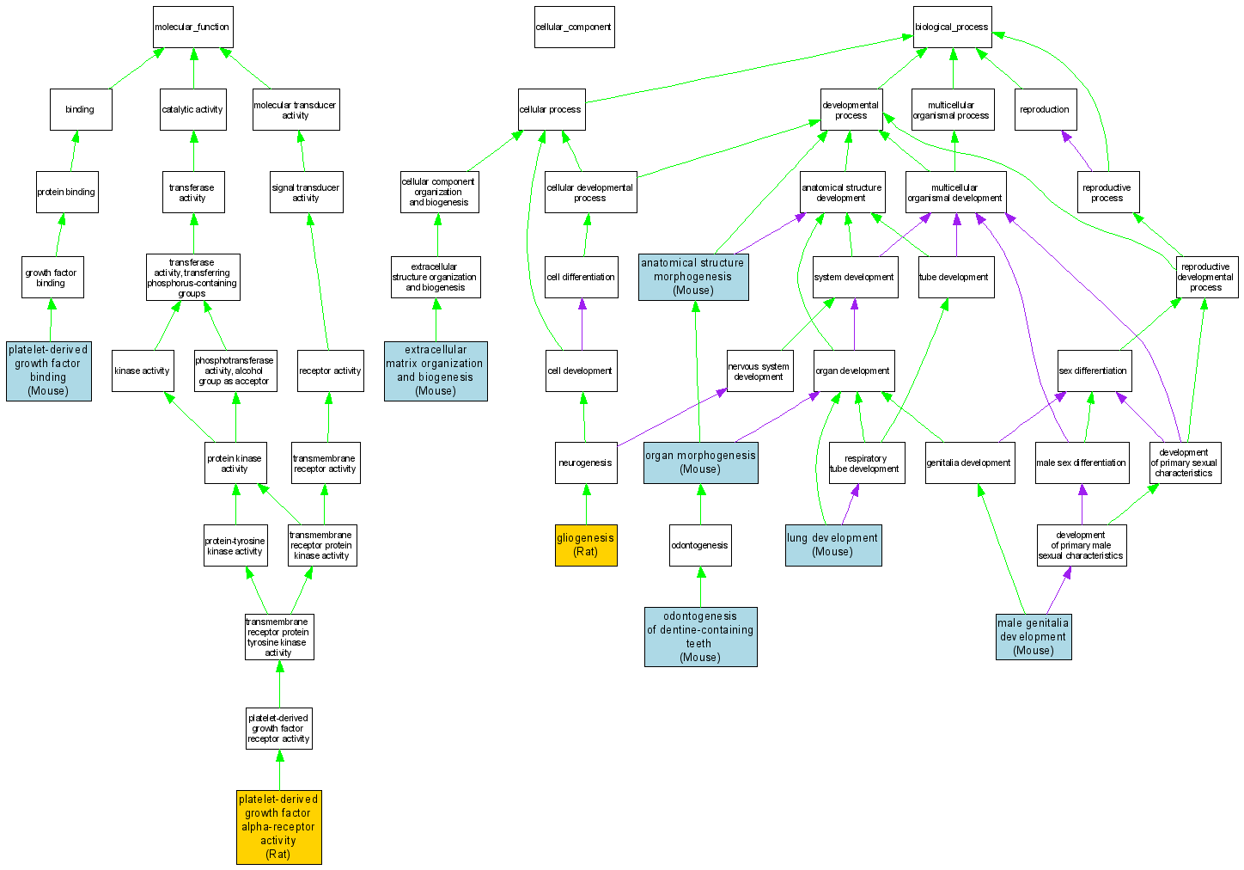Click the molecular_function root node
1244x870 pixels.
pos(192,27)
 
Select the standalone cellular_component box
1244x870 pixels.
pos(574,27)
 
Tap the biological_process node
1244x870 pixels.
pos(952,27)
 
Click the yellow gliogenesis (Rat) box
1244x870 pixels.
pos(586,545)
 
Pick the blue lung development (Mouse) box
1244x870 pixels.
pos(832,545)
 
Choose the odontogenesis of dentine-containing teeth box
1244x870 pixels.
pos(700,637)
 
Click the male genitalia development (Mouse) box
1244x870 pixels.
pos(1034,637)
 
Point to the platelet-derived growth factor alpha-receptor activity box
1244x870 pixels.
pos(278,827)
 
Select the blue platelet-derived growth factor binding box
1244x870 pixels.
pos(48,371)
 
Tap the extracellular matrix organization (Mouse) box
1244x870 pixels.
pos(436,371)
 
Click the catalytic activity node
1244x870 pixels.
pos(192,109)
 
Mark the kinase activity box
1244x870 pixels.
pos(143,371)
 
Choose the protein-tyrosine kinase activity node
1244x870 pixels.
pos(235,546)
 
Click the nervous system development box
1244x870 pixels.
pos(759,371)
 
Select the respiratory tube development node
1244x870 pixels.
pos(866,463)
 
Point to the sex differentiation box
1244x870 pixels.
pos(1094,371)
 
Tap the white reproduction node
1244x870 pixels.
pos(1045,109)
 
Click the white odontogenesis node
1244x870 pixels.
pos(700,545)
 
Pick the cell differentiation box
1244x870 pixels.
pos(582,277)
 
